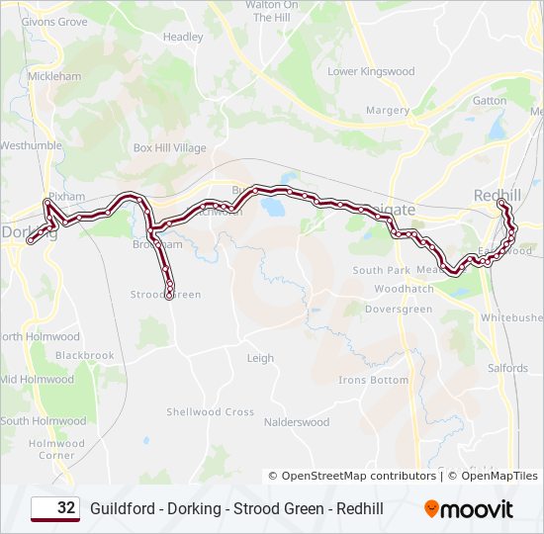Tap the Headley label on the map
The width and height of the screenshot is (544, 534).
183,38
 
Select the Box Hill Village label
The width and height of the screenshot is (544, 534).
170,148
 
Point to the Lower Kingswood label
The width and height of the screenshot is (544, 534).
371,71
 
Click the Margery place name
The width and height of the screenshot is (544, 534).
388,111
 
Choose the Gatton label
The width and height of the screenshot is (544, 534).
490,101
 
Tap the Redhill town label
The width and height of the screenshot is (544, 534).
498,195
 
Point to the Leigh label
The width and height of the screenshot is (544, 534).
260,359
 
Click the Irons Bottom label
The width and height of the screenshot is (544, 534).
373,381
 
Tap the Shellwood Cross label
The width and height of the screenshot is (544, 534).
210,412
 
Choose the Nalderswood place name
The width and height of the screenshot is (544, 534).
297,422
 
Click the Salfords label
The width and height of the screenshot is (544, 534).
507,368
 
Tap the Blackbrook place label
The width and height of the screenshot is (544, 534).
85,356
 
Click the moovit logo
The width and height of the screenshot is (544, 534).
469,509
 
